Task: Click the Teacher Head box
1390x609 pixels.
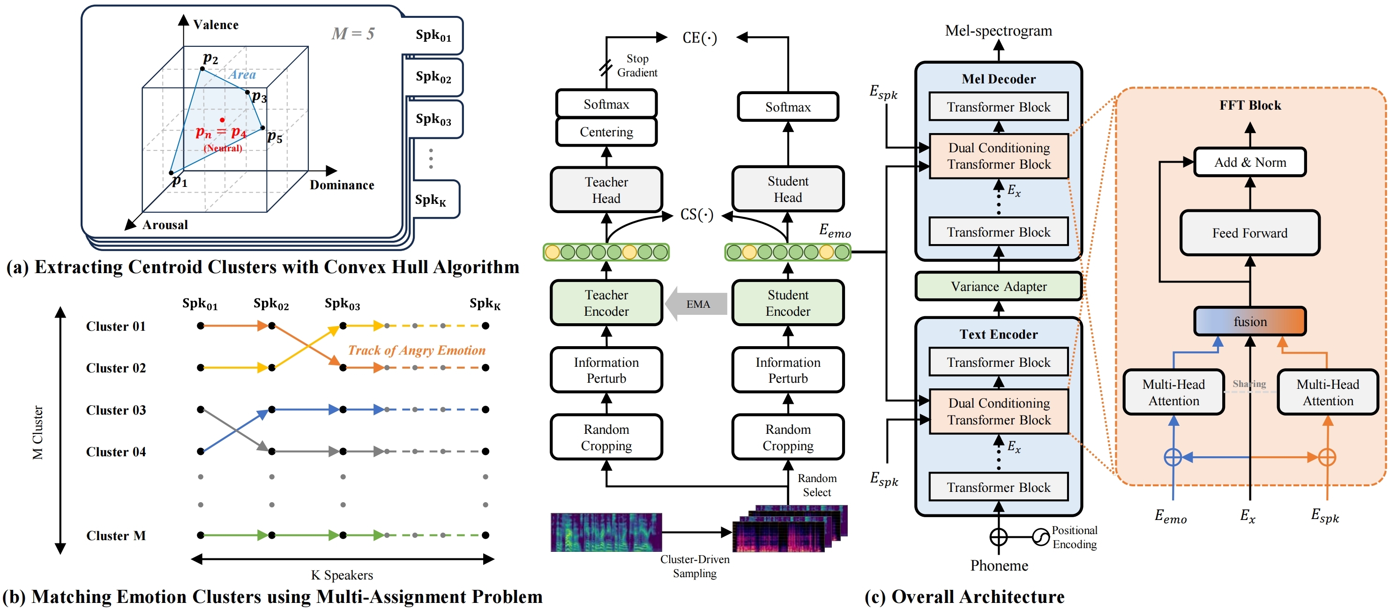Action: [606, 190]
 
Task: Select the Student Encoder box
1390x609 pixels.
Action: [787, 303]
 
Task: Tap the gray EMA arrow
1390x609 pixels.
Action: [696, 304]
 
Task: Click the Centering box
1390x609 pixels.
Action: [606, 132]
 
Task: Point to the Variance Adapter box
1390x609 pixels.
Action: [998, 286]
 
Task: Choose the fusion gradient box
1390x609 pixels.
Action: [1250, 321]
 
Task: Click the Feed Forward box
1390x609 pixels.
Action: [1250, 233]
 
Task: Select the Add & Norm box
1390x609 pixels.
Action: [1250, 163]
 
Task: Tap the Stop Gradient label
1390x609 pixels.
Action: [637, 65]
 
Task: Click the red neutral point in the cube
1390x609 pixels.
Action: [222, 120]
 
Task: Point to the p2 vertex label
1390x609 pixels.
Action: [210, 58]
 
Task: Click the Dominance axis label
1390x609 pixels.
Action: [342, 185]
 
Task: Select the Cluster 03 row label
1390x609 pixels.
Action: [116, 410]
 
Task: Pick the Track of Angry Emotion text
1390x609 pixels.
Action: [417, 350]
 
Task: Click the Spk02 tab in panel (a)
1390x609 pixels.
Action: [433, 77]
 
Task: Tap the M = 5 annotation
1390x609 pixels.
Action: [353, 33]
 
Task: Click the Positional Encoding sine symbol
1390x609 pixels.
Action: [1040, 537]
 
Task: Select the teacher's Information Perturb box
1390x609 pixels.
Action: [606, 370]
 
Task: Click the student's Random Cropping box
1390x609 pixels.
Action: [787, 438]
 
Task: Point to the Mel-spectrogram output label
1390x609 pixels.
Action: [998, 31]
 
